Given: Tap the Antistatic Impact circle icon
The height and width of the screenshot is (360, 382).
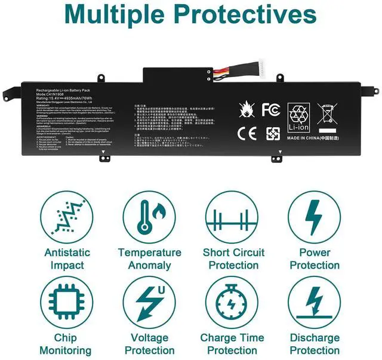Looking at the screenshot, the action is pyautogui.click(x=67, y=217).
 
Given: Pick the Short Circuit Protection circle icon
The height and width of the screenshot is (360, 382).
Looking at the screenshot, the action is pyautogui.click(x=232, y=217).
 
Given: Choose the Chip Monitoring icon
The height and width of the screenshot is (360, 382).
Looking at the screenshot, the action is pyautogui.click(x=67, y=303).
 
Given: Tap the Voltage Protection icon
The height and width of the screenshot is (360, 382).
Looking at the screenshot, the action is pyautogui.click(x=150, y=303).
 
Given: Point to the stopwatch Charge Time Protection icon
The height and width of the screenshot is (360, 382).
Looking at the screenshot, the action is pyautogui.click(x=232, y=303).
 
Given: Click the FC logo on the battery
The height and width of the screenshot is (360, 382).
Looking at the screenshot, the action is pyautogui.click(x=270, y=110).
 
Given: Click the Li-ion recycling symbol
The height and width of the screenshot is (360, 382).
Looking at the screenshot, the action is pyautogui.click(x=299, y=118).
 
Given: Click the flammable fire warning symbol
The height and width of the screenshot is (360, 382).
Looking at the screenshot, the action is pyautogui.click(x=246, y=110).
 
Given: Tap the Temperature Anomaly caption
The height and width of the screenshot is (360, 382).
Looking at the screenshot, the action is pyautogui.click(x=150, y=259).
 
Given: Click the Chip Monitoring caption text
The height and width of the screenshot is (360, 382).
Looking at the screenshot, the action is pyautogui.click(x=67, y=344).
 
